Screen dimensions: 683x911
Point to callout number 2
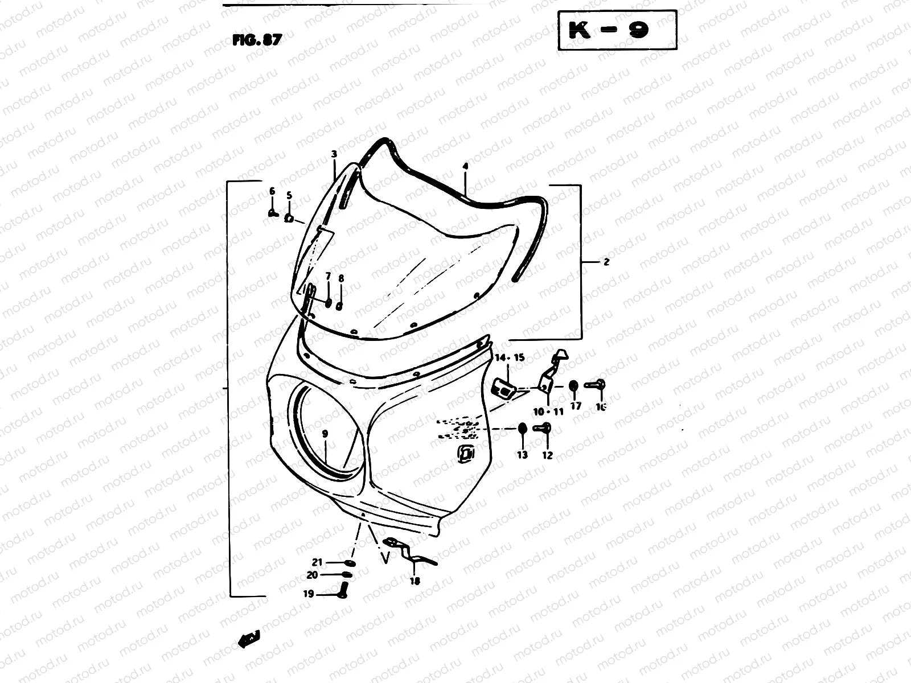[x=606, y=262]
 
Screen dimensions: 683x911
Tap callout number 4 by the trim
[x=465, y=166]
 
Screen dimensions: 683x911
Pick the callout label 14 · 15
[x=509, y=357]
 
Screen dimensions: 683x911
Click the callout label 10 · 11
[x=548, y=411]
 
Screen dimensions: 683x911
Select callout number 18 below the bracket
[x=415, y=582]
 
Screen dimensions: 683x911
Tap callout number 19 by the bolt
[x=308, y=594]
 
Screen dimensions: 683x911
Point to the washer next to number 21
[x=350, y=563]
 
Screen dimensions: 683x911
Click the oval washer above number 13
[x=522, y=428]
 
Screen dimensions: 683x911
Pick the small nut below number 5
[x=289, y=218]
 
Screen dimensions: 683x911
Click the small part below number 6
[x=272, y=213]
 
